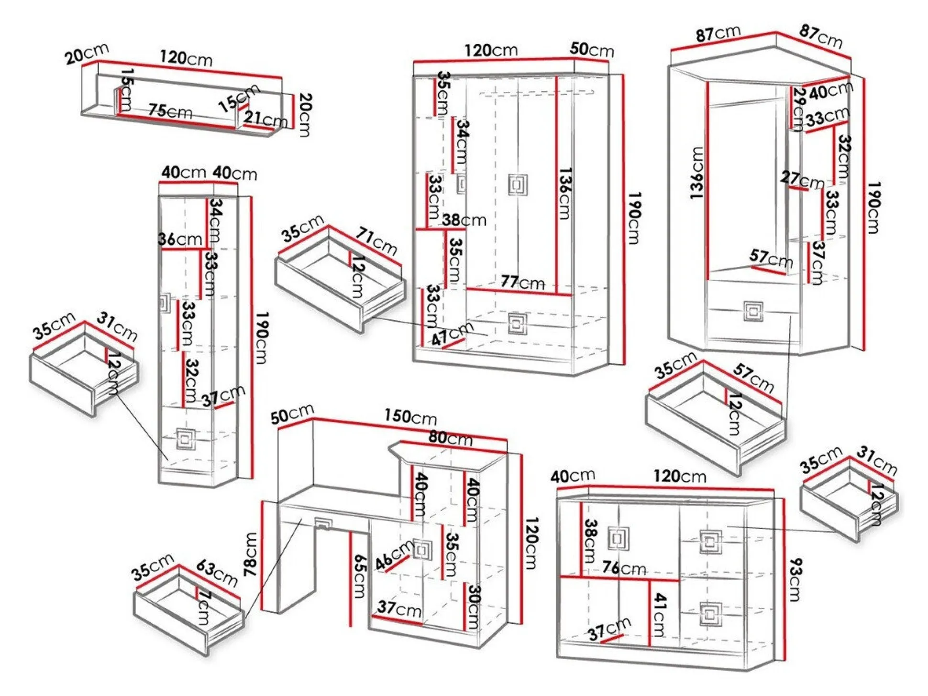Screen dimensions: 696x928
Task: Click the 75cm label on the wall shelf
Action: point(170,111)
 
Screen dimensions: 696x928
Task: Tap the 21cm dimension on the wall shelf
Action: point(266,119)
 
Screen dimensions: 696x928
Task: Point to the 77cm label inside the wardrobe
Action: point(522,282)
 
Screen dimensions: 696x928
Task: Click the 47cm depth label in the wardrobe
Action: point(452,333)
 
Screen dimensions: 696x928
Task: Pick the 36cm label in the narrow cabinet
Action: point(180,239)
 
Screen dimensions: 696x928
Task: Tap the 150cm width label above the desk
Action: point(410,416)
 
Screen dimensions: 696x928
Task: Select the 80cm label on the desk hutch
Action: point(450,437)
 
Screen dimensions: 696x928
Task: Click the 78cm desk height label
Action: point(251,554)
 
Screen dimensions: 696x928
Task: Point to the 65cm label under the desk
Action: point(359,576)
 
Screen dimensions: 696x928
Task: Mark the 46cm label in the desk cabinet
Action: point(393,555)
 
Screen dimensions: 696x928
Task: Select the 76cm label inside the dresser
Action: point(624,568)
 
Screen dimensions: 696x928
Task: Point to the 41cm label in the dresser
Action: point(659,615)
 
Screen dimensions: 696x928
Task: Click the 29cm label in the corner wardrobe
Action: point(797,109)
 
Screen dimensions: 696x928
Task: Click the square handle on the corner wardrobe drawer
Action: point(753,311)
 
